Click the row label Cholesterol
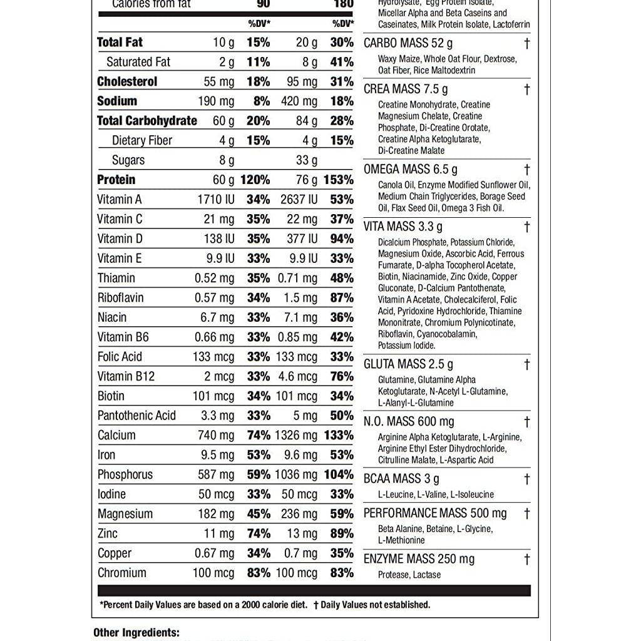[x=127, y=81]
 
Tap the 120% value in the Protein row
[x=255, y=180]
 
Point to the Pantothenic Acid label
[x=136, y=416]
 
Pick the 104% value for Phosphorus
[x=338, y=474]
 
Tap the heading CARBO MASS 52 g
[x=408, y=43]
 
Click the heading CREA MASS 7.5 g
[x=406, y=89]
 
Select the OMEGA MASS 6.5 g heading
[x=410, y=169]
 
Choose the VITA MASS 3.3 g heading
[x=403, y=227]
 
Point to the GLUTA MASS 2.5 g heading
[x=408, y=364]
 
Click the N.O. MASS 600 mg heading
[x=409, y=421]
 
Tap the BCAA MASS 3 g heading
[x=401, y=479]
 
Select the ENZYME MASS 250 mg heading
[x=419, y=559]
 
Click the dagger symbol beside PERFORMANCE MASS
[x=527, y=513]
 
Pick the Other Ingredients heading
[x=136, y=633]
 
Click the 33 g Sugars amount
[x=307, y=160]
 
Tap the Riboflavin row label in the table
[x=120, y=298]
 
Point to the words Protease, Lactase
[x=409, y=575]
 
